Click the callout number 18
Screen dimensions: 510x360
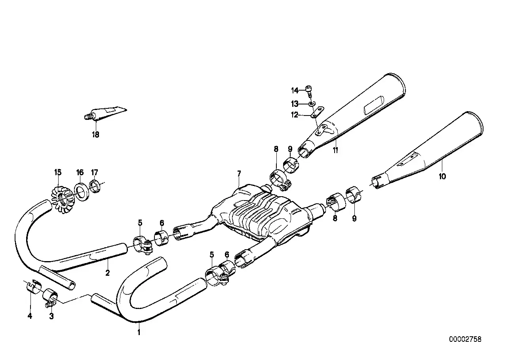[96, 135]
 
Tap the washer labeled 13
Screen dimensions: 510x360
[312, 104]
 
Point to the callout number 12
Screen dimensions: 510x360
[294, 115]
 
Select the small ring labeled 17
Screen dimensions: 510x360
[95, 186]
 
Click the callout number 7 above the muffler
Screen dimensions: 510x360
[239, 174]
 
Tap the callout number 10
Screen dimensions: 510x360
[442, 176]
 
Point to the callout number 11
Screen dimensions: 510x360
[335, 150]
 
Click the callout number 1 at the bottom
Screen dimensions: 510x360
[139, 332]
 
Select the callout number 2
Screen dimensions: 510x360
[107, 273]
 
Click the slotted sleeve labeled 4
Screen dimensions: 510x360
[34, 287]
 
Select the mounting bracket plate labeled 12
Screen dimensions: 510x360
[317, 112]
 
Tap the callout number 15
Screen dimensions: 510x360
[58, 172]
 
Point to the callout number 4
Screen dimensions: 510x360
[30, 316]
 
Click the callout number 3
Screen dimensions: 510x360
[51, 316]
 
